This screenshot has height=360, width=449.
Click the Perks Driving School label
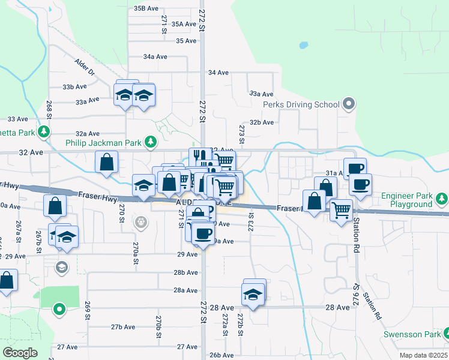(301, 104)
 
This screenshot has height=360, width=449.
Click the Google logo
(20, 352)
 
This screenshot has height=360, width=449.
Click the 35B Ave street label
(146, 8)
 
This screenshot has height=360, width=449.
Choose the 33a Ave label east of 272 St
(261, 94)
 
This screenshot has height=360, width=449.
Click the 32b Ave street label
(262, 122)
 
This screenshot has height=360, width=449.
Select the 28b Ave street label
(186, 272)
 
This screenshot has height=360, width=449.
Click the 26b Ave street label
(221, 355)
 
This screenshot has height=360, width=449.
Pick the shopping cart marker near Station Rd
(341, 211)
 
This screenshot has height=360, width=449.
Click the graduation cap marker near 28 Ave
(253, 295)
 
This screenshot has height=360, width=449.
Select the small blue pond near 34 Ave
(303, 45)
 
